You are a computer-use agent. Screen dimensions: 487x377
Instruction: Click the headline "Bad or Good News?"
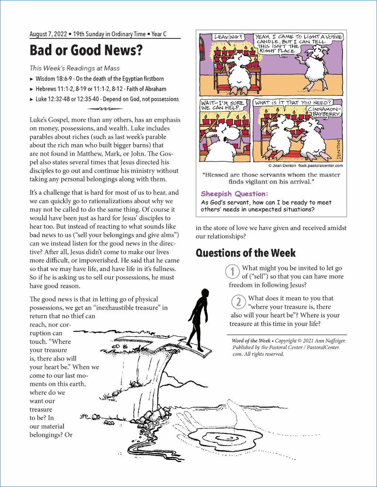[86, 50]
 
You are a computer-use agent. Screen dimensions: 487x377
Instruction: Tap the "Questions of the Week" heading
[246, 253]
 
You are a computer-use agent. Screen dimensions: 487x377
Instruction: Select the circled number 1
[232, 272]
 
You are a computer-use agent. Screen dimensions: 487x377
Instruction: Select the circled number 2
[239, 302]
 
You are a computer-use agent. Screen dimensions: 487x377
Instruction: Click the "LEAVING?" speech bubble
[228, 37]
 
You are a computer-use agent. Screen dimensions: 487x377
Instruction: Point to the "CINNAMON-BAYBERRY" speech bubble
[324, 111]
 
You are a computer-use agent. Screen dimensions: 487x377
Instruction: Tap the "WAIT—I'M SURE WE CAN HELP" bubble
[222, 105]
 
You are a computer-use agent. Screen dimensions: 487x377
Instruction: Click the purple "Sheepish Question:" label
[234, 194]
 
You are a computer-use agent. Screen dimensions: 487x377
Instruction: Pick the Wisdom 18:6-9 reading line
[99, 79]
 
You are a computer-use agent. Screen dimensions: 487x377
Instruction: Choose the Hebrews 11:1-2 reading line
[101, 89]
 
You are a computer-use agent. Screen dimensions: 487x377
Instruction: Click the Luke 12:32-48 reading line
[107, 99]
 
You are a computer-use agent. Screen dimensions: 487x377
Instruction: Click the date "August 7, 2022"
[48, 34]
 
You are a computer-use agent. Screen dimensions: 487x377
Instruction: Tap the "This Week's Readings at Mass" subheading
[75, 68]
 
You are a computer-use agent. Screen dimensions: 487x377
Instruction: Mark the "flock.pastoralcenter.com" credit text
[320, 166]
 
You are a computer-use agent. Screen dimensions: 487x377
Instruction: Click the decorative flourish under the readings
[105, 109]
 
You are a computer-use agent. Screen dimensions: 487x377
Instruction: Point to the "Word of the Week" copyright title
[251, 341]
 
